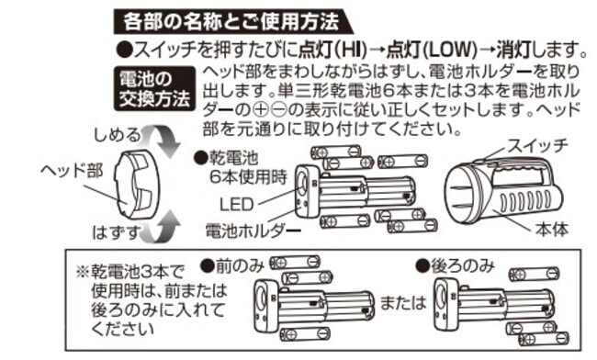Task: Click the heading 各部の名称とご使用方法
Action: click(231, 21)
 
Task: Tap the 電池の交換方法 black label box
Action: click(155, 89)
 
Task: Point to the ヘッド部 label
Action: click(72, 170)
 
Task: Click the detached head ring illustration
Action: click(137, 184)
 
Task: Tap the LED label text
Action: click(236, 205)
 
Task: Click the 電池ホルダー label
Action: click(253, 231)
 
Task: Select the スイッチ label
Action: click(538, 146)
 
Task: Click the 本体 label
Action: click(552, 229)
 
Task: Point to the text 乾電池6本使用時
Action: click(244, 167)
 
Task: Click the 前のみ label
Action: click(232, 266)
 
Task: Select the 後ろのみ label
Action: click(456, 266)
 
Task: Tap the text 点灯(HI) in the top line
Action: click(332, 50)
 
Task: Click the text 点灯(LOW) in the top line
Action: click(432, 50)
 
